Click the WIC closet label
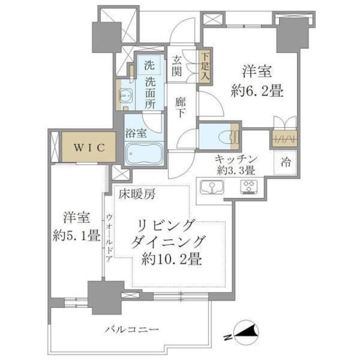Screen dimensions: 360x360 [x=88, y=147]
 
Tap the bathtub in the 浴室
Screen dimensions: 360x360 [x=143, y=153]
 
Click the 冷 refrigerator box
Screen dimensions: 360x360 [x=286, y=164]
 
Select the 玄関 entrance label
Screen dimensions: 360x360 [x=177, y=66]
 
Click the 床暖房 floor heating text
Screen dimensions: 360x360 [x=137, y=195]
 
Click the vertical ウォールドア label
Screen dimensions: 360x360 [x=110, y=237]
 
